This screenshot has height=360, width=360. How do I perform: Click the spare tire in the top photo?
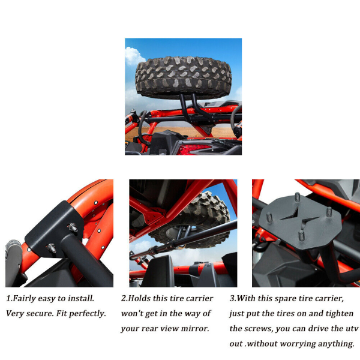(183, 77)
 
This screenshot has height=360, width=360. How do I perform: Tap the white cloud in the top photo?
(134, 56)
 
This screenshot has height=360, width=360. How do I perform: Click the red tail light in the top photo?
(194, 149)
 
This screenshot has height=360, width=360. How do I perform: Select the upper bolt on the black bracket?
(73, 227)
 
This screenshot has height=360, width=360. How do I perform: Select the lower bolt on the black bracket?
(52, 248)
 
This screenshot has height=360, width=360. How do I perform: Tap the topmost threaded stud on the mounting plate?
(298, 197)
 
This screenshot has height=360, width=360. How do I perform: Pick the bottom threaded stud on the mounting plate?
(301, 236)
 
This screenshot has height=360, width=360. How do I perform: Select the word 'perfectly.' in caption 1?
(88, 314)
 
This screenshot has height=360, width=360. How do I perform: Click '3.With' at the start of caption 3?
(242, 298)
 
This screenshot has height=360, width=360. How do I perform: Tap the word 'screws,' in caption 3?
(260, 329)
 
